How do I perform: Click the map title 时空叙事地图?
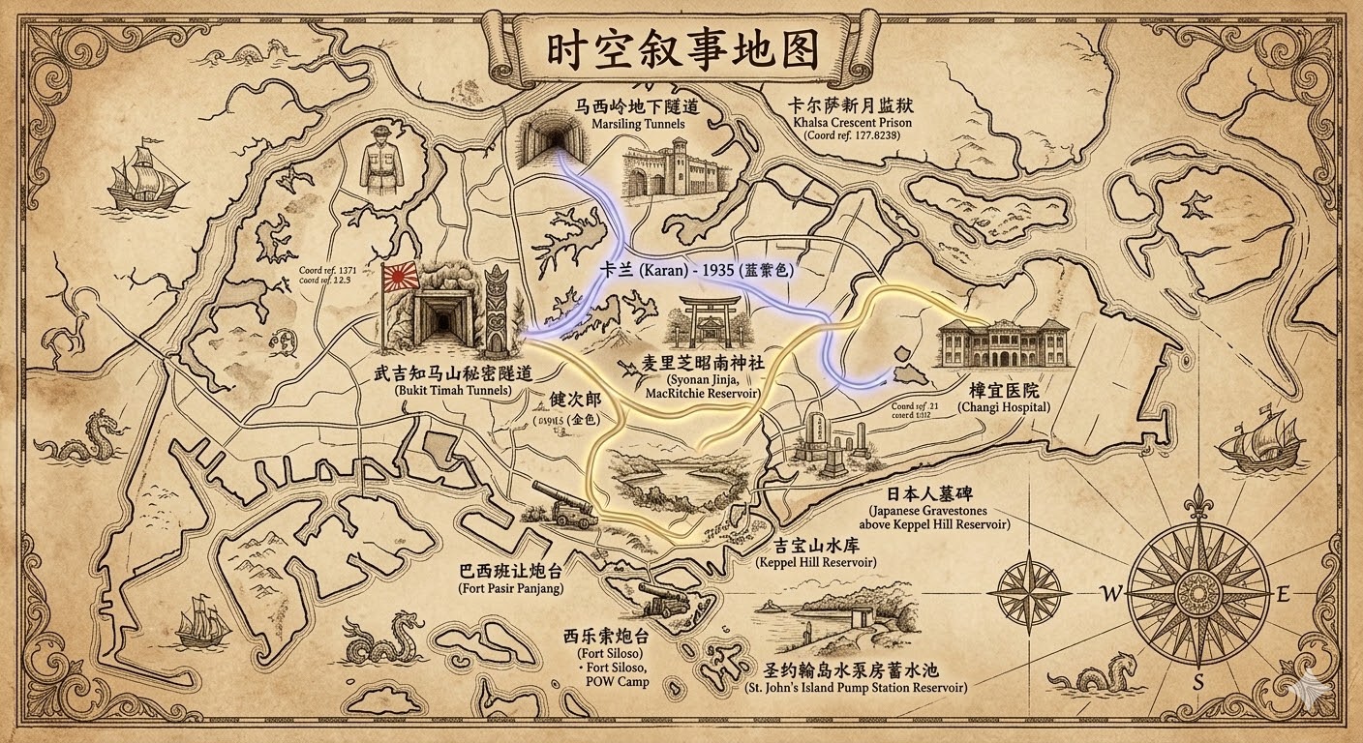(682, 51)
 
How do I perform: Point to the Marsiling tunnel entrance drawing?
(553, 140)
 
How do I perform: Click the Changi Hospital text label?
(1004, 399)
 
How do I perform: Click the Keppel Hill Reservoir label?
(815, 553)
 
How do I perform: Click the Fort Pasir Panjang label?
(510, 580)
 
